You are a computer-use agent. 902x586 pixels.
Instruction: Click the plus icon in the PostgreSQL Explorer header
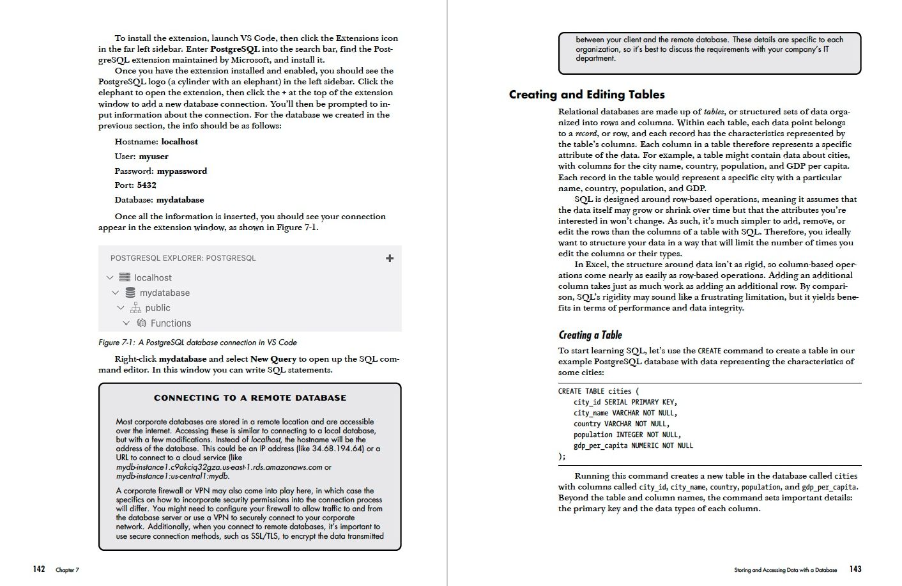[390, 258]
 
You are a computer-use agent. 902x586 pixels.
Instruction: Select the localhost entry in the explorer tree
[153, 278]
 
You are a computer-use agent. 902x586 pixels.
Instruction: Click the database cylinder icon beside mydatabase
[130, 293]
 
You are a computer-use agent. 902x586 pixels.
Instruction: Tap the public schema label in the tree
[157, 308]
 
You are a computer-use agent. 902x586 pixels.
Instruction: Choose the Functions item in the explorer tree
[171, 323]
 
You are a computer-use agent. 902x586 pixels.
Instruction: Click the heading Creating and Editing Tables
[586, 95]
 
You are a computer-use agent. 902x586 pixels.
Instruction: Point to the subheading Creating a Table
[590, 335]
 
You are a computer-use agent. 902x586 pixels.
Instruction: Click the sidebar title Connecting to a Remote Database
[250, 397]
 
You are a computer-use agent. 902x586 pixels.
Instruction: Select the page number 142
[39, 569]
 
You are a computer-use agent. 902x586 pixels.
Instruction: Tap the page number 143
[855, 569]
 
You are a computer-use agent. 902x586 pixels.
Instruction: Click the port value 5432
[146, 185]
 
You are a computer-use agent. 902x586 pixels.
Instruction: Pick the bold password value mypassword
[182, 171]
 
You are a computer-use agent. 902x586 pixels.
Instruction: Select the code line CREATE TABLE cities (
[598, 391]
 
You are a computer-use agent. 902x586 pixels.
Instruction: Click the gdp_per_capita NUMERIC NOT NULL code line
[632, 445]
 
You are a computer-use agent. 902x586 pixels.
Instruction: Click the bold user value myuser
[154, 157]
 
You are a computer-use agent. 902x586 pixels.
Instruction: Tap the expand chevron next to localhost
[110, 278]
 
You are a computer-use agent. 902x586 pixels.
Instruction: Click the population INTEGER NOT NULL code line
[627, 435]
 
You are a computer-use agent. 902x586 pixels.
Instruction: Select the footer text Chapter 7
[67, 570]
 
